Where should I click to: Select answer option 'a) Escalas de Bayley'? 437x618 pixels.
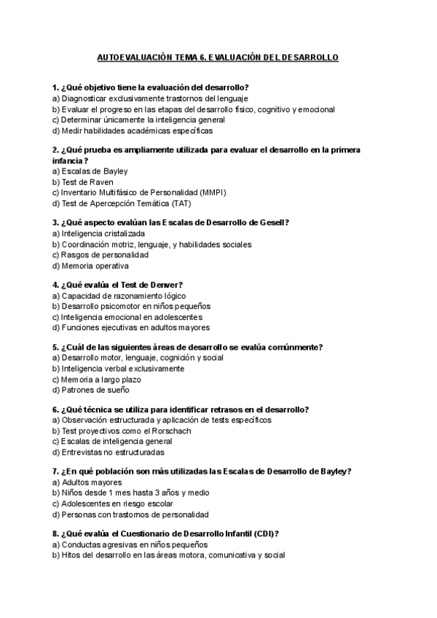click(x=84, y=171)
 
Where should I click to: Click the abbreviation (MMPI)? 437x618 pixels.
click(x=208, y=192)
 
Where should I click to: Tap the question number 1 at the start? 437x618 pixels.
click(x=55, y=87)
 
